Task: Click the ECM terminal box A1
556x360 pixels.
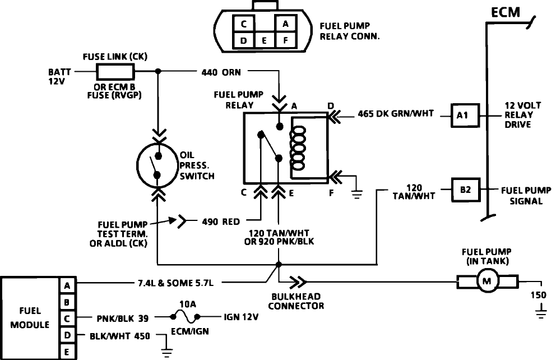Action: click(465, 116)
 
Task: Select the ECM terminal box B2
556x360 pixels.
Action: click(465, 190)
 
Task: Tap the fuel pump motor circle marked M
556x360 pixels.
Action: click(487, 281)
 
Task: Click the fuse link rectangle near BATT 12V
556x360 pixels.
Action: click(115, 71)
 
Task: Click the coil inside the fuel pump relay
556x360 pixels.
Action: click(298, 148)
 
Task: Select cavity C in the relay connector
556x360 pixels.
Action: click(243, 24)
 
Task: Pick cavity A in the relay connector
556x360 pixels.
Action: click(285, 24)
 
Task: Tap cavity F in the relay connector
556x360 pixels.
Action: click(285, 40)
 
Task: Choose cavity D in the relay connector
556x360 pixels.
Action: click(243, 40)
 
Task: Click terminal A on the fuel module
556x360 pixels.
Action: click(67, 285)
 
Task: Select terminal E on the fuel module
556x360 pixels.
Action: click(67, 352)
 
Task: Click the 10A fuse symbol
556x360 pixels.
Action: click(185, 317)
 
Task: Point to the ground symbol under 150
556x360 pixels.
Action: click(541, 313)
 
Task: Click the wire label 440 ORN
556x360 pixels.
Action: click(221, 72)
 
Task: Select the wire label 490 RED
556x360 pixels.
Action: click(221, 221)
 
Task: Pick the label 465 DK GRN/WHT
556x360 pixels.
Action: click(395, 113)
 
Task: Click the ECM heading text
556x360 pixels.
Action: click(506, 12)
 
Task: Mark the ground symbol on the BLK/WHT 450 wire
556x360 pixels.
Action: click(166, 352)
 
